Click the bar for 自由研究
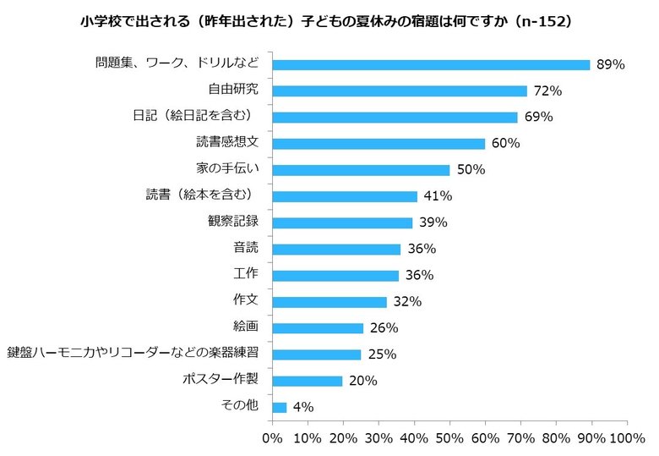coord(400,91)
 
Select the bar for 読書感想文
coord(379,143)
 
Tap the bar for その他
coord(280,407)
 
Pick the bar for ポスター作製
coord(308,381)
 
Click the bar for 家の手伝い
coord(361,169)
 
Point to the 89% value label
coord(610,64)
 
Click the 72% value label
coord(547,91)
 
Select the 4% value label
coord(302,407)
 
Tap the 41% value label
coord(438,196)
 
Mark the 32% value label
coord(407,302)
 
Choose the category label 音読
coord(246,248)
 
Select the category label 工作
coord(246,274)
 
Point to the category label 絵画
coord(246,327)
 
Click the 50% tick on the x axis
coord(449,438)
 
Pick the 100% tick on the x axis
coord(626,438)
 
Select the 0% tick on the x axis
coord(272,438)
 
